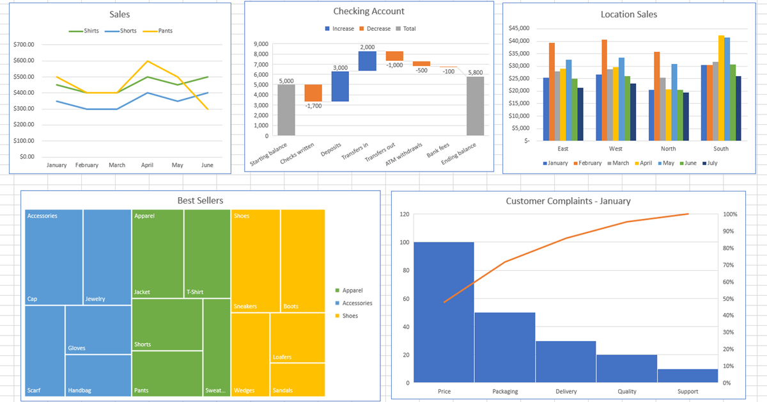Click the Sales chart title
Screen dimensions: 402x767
coord(120,15)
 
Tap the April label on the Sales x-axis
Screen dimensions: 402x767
coord(147,165)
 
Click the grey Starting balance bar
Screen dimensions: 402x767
coord(286,109)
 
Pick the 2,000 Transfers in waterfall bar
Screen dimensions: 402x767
coord(367,61)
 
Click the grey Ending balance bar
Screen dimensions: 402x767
coord(476,106)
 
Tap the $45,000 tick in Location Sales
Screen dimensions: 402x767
coord(518,29)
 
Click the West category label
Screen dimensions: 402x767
coord(616,149)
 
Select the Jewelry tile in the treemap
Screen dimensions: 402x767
coord(107,257)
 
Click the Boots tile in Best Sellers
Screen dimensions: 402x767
coord(303,261)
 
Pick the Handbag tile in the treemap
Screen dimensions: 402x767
coord(98,376)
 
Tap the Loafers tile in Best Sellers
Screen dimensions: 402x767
coord(297,337)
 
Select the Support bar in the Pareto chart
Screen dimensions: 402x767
coord(687,376)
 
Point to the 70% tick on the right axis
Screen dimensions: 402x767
coord(728,265)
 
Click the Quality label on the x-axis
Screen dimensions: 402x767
coord(627,391)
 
